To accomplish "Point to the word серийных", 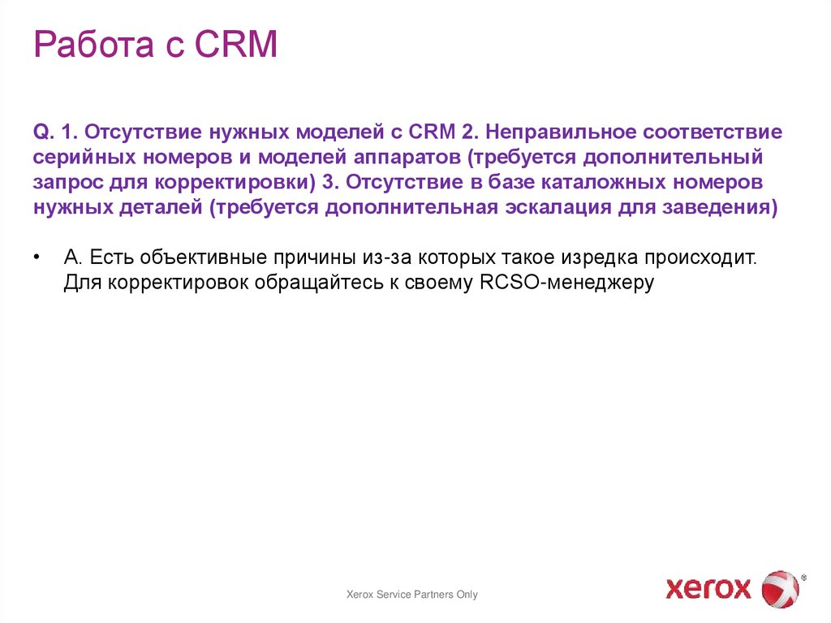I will click(80, 156).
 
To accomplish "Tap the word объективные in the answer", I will click(206, 258).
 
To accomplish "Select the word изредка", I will click(594, 258).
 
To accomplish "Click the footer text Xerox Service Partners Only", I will click(412, 595).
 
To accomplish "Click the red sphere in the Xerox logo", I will click(780, 588).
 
